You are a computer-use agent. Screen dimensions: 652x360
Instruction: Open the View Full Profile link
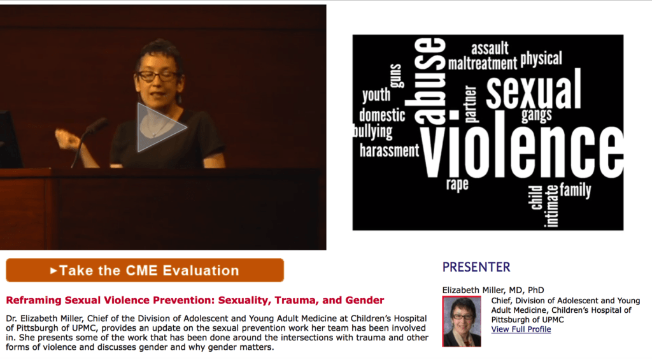[521, 329]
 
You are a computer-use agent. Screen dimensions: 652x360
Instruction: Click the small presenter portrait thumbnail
[462, 321]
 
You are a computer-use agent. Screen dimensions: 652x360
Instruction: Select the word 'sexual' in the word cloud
[534, 89]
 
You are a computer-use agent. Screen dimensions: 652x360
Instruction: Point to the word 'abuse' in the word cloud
[430, 81]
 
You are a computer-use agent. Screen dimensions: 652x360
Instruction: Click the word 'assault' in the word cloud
[490, 48]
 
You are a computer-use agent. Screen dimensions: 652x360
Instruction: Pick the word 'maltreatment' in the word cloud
[483, 64]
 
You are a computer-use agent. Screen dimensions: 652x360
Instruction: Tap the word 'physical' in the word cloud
[541, 59]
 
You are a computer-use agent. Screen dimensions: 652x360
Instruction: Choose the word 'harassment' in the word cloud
[390, 150]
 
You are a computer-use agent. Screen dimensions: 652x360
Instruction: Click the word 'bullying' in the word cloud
[372, 131]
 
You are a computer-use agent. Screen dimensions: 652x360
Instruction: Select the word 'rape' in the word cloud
[457, 184]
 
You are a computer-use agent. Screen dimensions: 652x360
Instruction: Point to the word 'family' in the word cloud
[576, 190]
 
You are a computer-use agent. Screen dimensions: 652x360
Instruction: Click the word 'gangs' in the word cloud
[537, 115]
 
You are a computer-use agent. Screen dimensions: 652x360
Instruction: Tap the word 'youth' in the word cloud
[376, 95]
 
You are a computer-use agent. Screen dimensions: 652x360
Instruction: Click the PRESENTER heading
[476, 267]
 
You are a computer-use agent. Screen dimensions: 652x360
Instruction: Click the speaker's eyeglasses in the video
[158, 76]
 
